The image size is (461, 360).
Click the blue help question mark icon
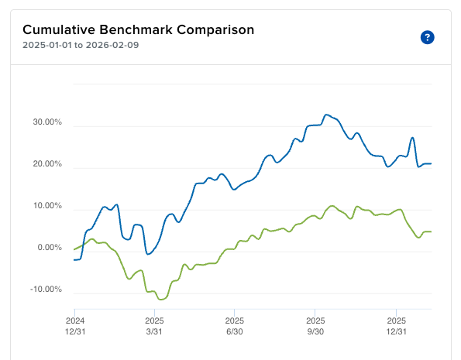pyautogui.click(x=427, y=37)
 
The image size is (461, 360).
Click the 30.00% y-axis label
pyautogui.click(x=46, y=122)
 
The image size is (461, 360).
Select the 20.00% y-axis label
pyautogui.click(x=46, y=164)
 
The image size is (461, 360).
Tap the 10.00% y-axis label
pyautogui.click(x=46, y=206)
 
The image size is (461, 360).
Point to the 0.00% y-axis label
pyautogui.click(x=48, y=248)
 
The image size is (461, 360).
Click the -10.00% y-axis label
pyautogui.click(x=44, y=290)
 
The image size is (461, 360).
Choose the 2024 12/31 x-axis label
pyautogui.click(x=75, y=324)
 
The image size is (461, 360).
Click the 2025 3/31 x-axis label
pyautogui.click(x=154, y=324)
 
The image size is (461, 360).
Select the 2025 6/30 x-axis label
pyautogui.click(x=235, y=324)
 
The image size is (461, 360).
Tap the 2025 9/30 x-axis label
pyautogui.click(x=315, y=324)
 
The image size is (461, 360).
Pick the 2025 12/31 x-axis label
pyautogui.click(x=396, y=324)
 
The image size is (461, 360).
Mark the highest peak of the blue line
pyautogui.click(x=326, y=115)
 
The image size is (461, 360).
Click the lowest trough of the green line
pyautogui.click(x=160, y=298)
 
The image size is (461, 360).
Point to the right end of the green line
pyautogui.click(x=431, y=231)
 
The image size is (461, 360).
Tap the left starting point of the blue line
pyautogui.click(x=74, y=259)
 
